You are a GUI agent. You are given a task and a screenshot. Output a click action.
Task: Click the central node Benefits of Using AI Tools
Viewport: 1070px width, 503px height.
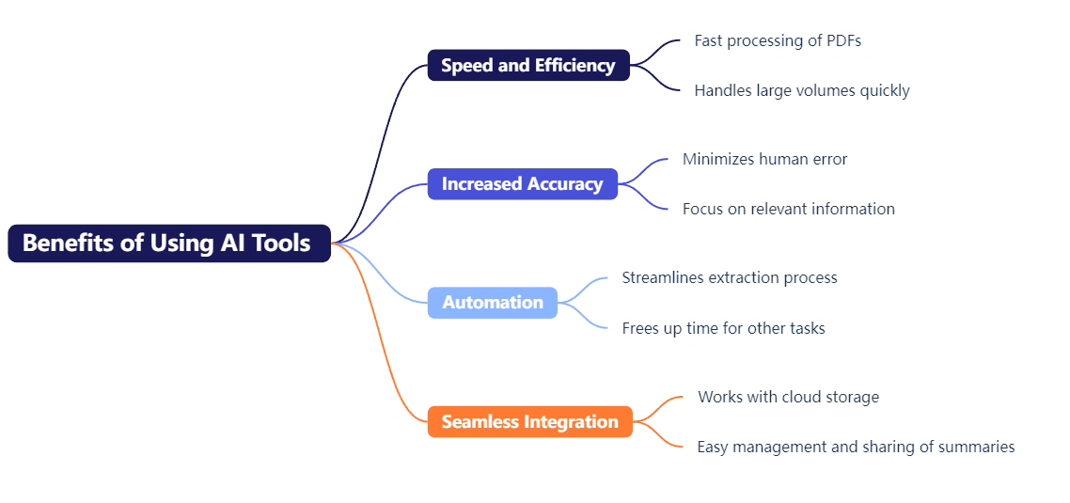pyautogui.click(x=169, y=243)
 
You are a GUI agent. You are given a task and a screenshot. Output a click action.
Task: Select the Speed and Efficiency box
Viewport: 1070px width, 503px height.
pyautogui.click(x=528, y=65)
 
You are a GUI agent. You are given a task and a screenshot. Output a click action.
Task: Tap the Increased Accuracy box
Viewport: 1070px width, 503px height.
pyautogui.click(x=523, y=183)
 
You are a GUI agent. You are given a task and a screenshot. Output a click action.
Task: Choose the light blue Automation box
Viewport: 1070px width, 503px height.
pyautogui.click(x=493, y=303)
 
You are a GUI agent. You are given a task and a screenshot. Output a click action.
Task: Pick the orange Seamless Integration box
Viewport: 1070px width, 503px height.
pyautogui.click(x=530, y=421)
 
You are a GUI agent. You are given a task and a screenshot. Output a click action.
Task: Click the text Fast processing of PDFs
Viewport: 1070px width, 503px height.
pyautogui.click(x=778, y=41)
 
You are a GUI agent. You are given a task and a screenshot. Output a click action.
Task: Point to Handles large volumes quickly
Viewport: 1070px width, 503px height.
pyautogui.click(x=802, y=91)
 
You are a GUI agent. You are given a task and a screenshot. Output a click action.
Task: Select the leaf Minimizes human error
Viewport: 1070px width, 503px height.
pyautogui.click(x=765, y=159)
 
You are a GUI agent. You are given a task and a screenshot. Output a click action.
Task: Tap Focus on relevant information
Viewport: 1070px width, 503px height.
pyautogui.click(x=789, y=209)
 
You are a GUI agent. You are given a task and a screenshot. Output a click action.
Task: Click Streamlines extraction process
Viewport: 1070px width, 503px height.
pyautogui.click(x=730, y=277)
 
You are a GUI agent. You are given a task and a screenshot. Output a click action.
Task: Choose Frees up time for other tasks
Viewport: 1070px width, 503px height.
pyautogui.click(x=723, y=328)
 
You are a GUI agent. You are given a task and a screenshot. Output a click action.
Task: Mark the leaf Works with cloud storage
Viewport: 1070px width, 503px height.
pyautogui.click(x=788, y=397)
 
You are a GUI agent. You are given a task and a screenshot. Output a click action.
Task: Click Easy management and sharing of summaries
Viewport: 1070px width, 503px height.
pyautogui.click(x=856, y=447)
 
